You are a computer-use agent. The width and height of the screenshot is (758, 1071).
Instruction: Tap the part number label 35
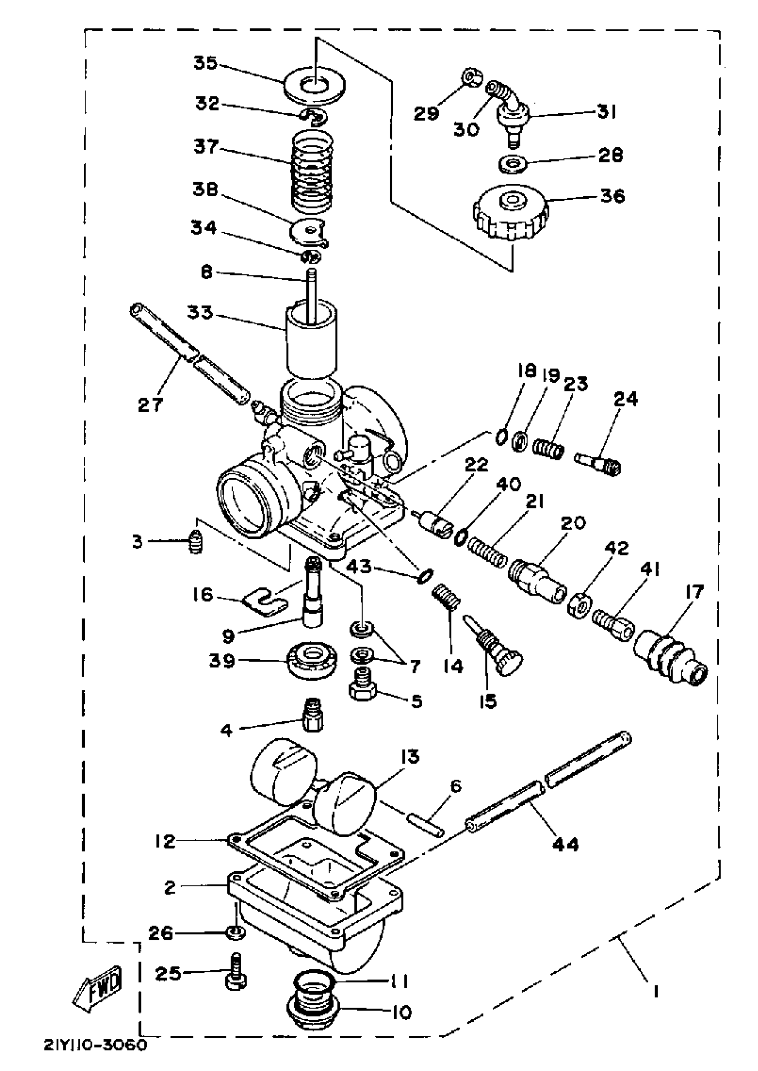click(x=206, y=62)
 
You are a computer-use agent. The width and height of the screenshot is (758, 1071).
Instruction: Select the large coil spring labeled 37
click(x=312, y=170)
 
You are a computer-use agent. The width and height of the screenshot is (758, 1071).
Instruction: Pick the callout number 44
click(x=565, y=844)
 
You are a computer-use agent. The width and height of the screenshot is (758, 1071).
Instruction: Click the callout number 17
click(x=694, y=592)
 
